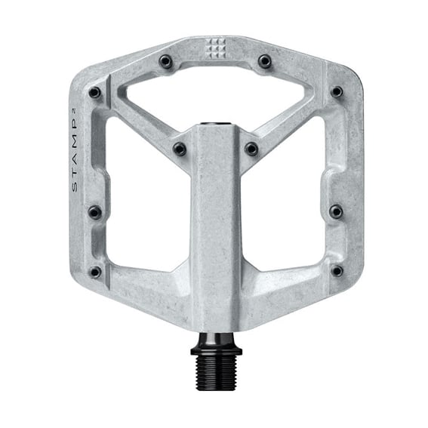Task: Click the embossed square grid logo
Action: (215, 49)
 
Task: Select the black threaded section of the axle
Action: (216, 373)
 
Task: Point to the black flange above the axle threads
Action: (216, 350)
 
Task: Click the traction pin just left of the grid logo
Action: (165, 61)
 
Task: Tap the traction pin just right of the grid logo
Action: (265, 61)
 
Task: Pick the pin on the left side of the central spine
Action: (180, 149)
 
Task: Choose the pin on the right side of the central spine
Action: (251, 149)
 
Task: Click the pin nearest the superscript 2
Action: (94, 93)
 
